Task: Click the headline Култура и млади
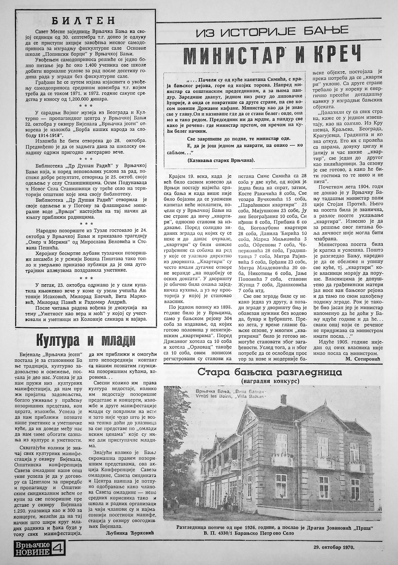pyautogui.click(x=86, y=341)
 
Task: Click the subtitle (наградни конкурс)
pyautogui.click(x=270, y=381)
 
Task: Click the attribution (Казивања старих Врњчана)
pyautogui.click(x=221, y=160)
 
